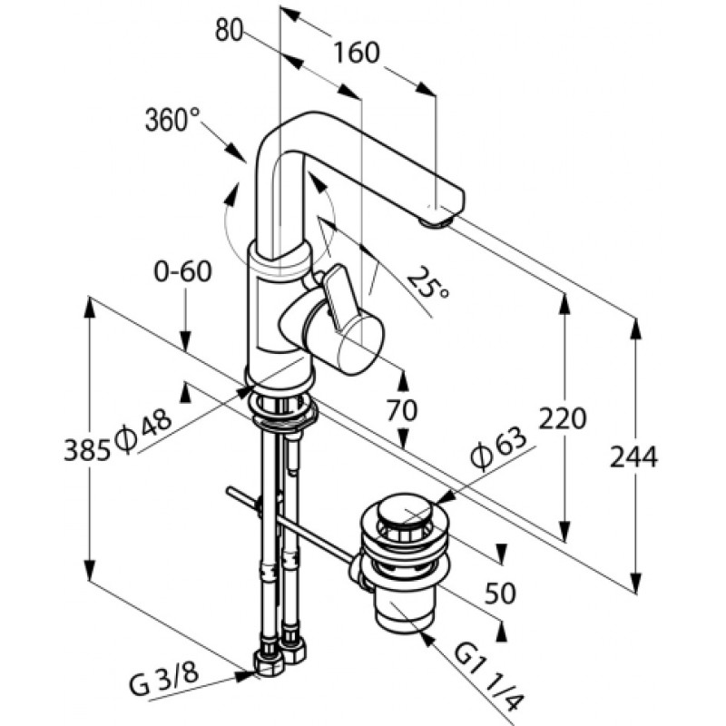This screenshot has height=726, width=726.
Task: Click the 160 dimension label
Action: [x=356, y=53]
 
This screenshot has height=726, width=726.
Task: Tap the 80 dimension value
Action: [x=230, y=32]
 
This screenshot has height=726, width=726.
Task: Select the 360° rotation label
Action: [x=172, y=120]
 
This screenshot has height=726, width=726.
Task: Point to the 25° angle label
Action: [x=427, y=283]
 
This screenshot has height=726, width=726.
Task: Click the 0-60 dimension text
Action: [x=182, y=271]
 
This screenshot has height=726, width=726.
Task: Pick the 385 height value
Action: [x=87, y=450]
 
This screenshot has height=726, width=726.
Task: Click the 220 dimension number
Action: [x=563, y=418]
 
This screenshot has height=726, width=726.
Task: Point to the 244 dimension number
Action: [x=633, y=457]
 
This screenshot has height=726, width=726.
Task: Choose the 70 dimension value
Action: [x=401, y=410]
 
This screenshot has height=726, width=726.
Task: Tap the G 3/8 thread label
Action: [x=164, y=682]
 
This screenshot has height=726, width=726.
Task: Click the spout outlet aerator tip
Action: [x=436, y=222]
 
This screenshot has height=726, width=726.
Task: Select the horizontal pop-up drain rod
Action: [x=291, y=526]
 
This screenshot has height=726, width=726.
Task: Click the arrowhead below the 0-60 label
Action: [x=185, y=344]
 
